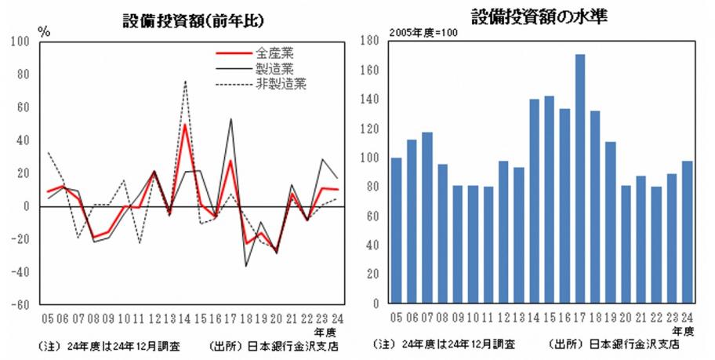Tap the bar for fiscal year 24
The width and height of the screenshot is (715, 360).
point(688,231)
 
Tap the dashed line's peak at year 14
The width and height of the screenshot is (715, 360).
point(185,81)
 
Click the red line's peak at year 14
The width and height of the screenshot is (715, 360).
point(185,125)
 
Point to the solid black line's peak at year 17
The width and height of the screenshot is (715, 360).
point(231,119)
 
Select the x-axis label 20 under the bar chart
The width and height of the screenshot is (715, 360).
point(626,318)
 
